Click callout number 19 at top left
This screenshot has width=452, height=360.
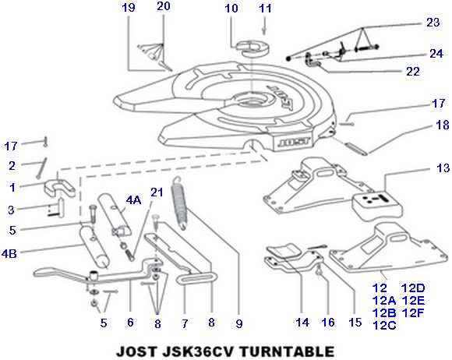click(129, 8)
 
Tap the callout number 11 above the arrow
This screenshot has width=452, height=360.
click(266, 9)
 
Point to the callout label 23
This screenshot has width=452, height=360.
click(433, 22)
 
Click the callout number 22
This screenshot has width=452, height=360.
click(413, 72)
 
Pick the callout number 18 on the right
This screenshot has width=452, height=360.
click(443, 125)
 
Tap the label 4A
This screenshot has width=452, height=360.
click(133, 199)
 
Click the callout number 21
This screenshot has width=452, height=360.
click(157, 192)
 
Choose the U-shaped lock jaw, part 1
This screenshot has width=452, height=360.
click(59, 189)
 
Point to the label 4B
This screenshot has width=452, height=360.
click(9, 254)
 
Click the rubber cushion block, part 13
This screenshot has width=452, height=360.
click(377, 206)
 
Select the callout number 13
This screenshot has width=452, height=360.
click(443, 168)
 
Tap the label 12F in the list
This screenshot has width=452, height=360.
click(413, 312)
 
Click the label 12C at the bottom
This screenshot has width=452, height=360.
click(384, 325)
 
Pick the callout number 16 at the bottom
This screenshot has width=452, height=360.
click(328, 323)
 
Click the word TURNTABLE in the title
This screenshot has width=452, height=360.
click(287, 351)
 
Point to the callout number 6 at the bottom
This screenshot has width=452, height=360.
click(130, 322)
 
